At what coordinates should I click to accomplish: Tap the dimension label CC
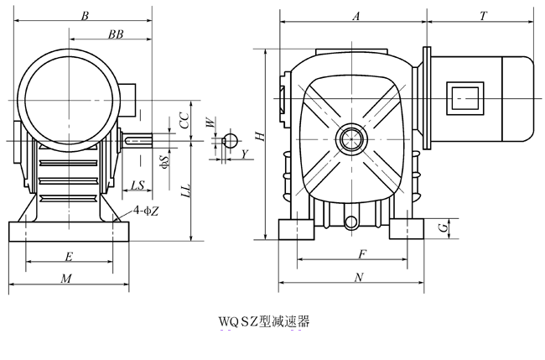[x=184, y=120]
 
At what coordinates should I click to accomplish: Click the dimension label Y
[x=244, y=154]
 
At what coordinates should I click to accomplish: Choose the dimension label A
[x=356, y=16]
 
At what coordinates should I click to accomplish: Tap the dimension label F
[x=361, y=253]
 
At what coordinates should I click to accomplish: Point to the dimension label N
[x=360, y=277]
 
